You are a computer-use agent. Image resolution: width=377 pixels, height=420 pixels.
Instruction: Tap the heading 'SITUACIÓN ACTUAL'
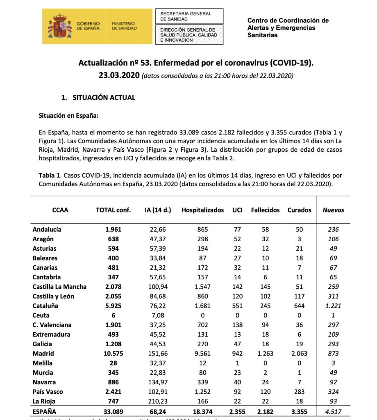click(104, 98)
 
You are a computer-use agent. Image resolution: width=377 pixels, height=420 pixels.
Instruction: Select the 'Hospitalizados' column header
click(202, 210)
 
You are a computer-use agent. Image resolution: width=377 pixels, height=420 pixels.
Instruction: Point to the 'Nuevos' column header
click(333, 210)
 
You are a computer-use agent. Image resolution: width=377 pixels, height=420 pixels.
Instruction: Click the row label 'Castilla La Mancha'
click(59, 287)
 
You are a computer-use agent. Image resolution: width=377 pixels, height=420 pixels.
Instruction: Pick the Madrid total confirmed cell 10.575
click(113, 354)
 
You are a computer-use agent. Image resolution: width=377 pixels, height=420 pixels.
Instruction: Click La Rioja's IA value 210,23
click(158, 402)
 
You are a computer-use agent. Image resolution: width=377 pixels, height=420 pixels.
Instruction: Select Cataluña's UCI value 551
click(237, 306)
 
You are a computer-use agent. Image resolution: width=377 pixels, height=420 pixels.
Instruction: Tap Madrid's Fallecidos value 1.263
click(265, 354)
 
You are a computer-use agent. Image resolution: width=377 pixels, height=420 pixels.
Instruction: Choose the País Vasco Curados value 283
click(300, 392)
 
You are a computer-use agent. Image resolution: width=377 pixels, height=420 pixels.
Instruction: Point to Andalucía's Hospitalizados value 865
click(202, 230)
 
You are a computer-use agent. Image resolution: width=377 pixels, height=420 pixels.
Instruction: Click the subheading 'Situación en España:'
click(68, 116)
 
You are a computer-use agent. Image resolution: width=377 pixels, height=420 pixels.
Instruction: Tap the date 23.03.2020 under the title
click(119, 76)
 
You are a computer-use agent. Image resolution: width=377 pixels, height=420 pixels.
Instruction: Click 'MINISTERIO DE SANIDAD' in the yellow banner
click(124, 26)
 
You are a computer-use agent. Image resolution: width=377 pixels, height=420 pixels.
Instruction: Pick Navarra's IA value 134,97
click(158, 382)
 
